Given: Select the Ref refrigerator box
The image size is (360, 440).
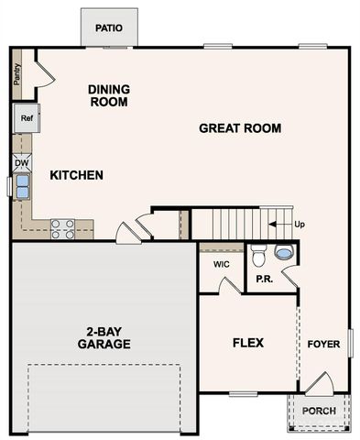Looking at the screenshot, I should click(26, 117).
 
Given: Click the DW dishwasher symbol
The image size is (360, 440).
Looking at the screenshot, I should click(20, 163).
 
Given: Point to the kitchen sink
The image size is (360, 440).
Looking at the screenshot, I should click(20, 187).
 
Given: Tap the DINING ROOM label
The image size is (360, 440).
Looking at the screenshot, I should click(108, 95).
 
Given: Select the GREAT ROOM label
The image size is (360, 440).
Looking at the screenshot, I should click(240, 128).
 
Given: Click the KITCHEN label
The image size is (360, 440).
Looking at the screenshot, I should click(76, 175).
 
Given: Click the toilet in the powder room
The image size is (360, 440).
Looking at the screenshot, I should click(258, 254).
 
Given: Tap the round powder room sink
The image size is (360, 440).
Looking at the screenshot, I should click(285, 253).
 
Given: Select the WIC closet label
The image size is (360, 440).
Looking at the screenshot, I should click(221, 264).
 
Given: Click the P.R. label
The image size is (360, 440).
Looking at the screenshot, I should click(265, 278).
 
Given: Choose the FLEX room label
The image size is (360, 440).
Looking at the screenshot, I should click(247, 343).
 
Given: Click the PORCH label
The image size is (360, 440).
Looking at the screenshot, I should click(319, 411).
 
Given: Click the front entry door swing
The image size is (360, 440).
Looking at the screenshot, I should click(316, 382).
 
